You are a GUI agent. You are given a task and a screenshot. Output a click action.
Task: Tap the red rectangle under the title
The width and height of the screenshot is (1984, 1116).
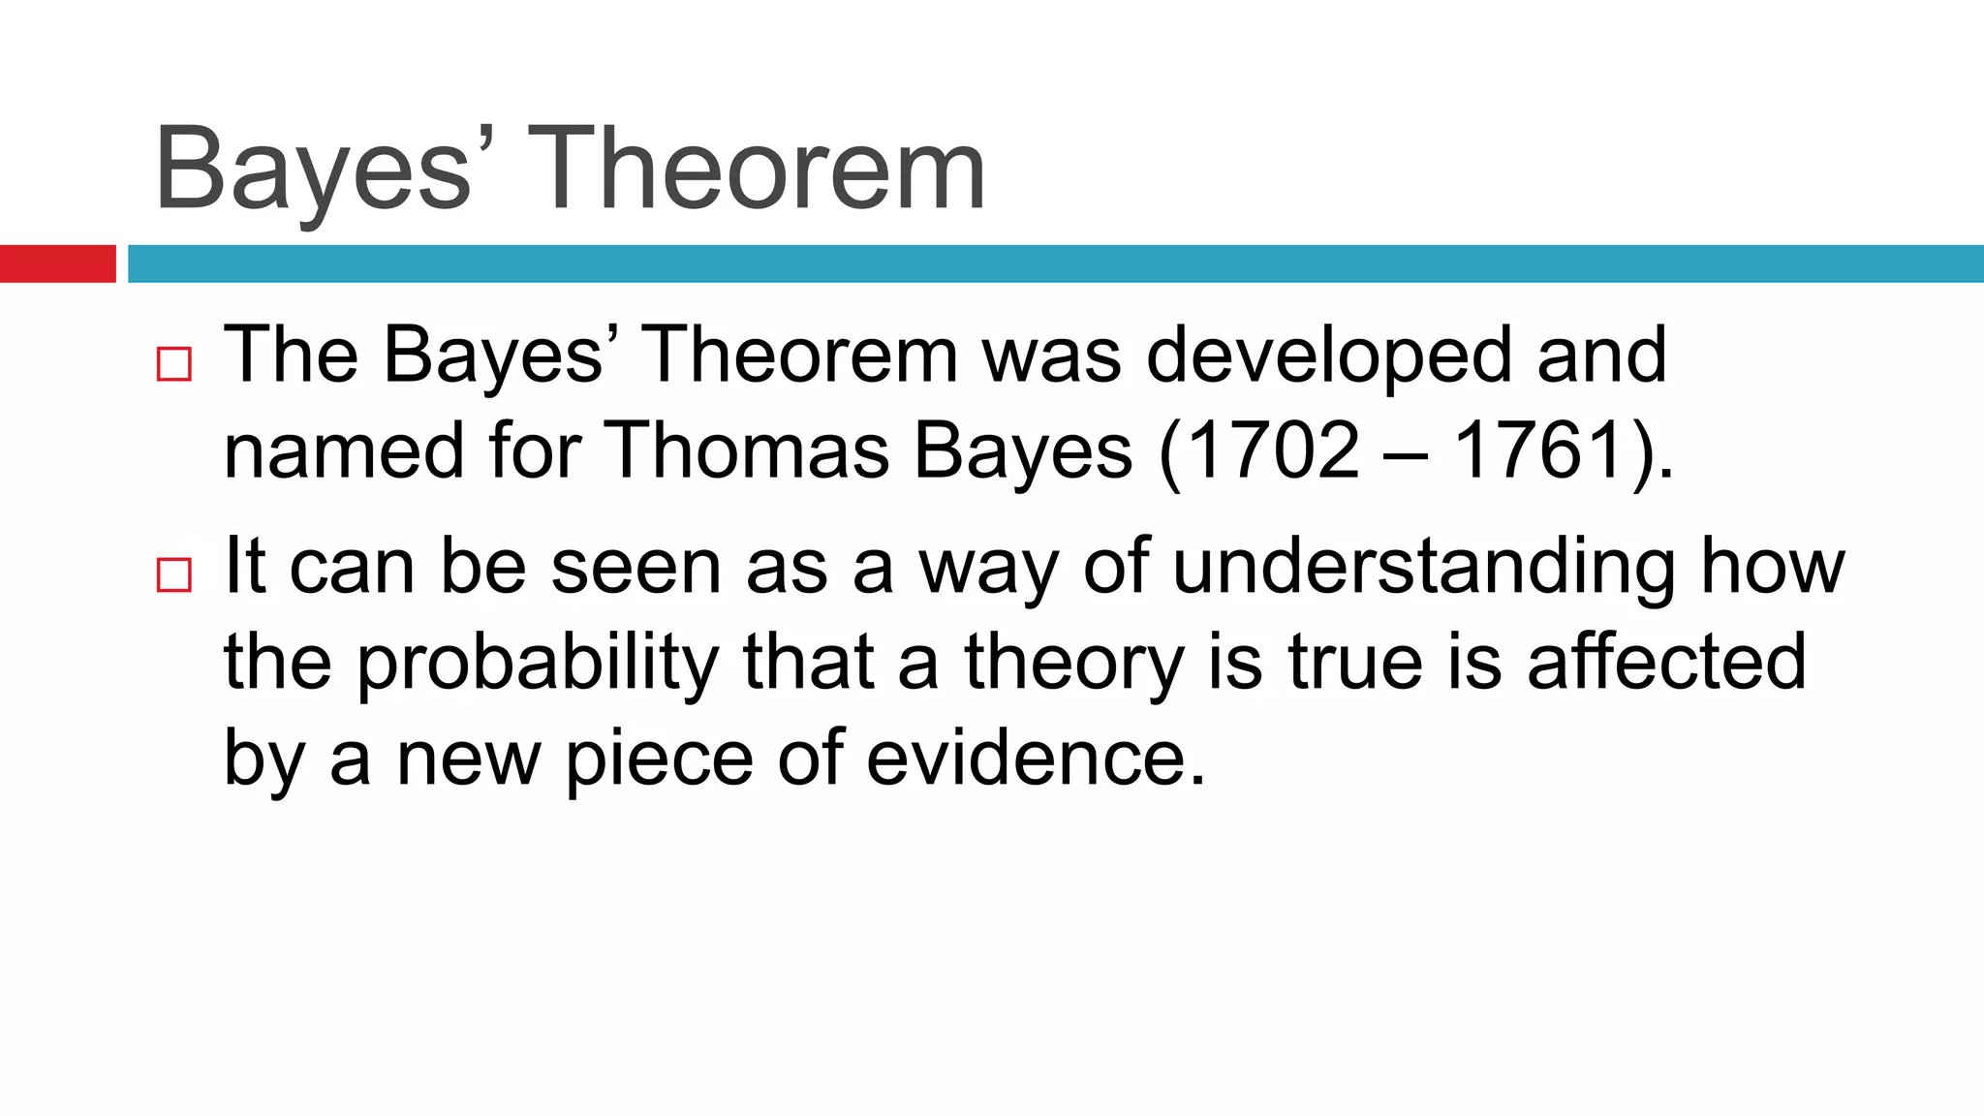click(x=57, y=263)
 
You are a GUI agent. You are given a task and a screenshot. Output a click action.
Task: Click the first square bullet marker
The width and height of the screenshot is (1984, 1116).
click(x=173, y=364)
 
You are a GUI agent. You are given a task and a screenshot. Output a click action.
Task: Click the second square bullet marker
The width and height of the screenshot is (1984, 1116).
click(x=173, y=574)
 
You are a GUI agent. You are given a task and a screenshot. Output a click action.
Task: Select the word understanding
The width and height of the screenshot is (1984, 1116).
click(x=1424, y=568)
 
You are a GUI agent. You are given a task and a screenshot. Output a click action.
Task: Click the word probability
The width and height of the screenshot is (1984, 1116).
click(x=538, y=665)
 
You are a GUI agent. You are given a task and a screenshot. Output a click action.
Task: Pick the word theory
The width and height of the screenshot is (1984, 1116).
click(x=1073, y=665)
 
